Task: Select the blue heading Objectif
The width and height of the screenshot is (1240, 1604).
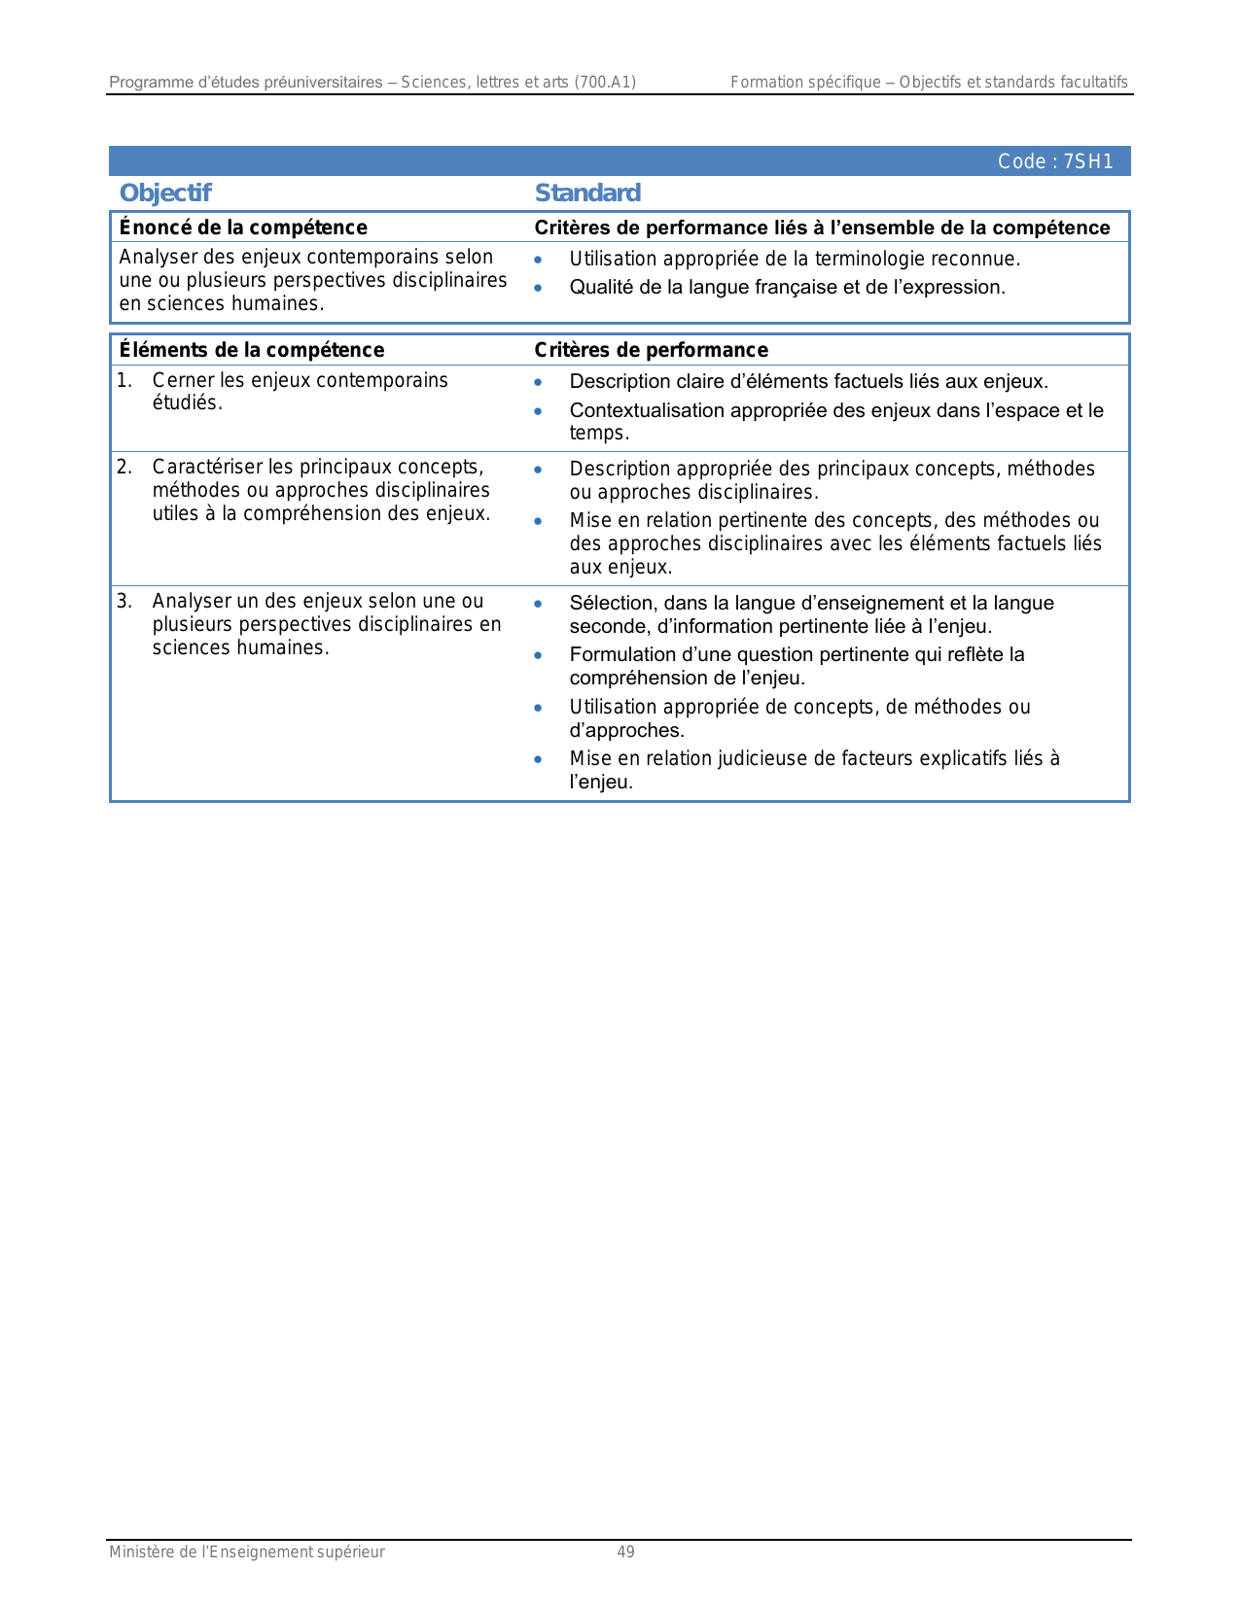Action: click(x=165, y=192)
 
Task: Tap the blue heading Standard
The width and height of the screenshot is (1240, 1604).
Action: click(x=587, y=192)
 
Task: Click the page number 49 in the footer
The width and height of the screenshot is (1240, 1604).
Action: click(x=625, y=1552)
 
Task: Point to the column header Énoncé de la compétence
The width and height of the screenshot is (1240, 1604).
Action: click(x=243, y=227)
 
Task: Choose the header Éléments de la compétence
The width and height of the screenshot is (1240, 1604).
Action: click(x=252, y=350)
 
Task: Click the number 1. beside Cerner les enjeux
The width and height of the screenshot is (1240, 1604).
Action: click(x=124, y=380)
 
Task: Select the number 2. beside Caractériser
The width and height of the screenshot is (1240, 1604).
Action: click(x=124, y=468)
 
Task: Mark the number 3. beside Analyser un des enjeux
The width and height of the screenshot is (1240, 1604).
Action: click(x=124, y=602)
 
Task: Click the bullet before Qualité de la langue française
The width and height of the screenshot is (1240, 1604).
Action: click(x=538, y=288)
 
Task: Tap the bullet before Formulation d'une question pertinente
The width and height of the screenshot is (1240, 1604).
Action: click(x=538, y=655)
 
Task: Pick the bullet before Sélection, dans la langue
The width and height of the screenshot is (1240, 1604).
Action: click(x=538, y=604)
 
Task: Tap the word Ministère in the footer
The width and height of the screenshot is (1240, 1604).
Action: click(x=142, y=1552)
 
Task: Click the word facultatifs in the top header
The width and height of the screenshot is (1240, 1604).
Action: click(x=1090, y=83)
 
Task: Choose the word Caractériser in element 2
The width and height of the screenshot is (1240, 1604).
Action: click(x=207, y=468)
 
